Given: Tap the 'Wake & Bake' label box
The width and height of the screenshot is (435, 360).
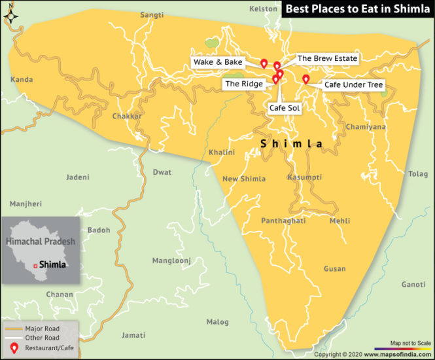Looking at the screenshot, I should click(218, 62).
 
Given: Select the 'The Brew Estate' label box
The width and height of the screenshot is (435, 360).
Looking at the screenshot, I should click(327, 58).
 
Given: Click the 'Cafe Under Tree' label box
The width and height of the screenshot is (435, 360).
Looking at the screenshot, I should click(353, 85).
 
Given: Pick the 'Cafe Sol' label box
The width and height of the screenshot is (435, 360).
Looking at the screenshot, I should click(285, 108).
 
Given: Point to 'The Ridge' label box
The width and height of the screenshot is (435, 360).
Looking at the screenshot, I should click(243, 84).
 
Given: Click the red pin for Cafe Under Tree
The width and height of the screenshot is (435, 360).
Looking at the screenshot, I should click(305, 79).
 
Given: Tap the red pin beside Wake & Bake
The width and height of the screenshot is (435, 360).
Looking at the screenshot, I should click(264, 63).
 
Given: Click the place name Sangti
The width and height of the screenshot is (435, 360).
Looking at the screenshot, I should click(152, 14).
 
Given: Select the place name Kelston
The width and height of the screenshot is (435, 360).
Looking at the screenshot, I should click(264, 9).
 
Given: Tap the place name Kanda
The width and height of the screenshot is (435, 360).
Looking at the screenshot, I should click(22, 80).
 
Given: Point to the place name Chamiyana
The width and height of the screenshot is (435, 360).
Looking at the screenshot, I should click(366, 127).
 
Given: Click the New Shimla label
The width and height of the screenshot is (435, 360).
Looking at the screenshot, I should click(244, 179).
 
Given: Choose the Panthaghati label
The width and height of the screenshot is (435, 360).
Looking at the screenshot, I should click(283, 221).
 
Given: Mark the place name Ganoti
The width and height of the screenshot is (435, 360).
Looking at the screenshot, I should click(413, 285).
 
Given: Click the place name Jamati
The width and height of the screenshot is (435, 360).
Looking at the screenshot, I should click(133, 335).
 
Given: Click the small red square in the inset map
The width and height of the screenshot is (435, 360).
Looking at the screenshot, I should click(35, 266).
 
